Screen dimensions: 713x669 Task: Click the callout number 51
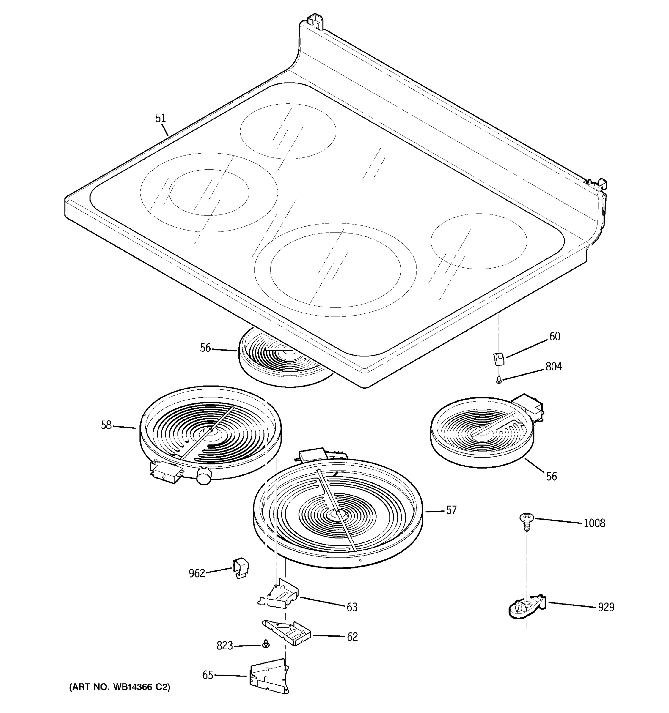(x=161, y=118)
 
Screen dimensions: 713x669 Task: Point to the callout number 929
(x=606, y=607)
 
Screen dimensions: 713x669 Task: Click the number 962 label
(x=197, y=573)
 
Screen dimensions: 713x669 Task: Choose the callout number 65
(x=208, y=675)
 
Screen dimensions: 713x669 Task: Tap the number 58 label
(x=106, y=425)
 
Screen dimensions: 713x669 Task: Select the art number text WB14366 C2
(x=120, y=687)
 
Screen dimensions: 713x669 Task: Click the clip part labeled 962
(x=241, y=567)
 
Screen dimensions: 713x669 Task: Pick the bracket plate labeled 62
(x=288, y=633)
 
